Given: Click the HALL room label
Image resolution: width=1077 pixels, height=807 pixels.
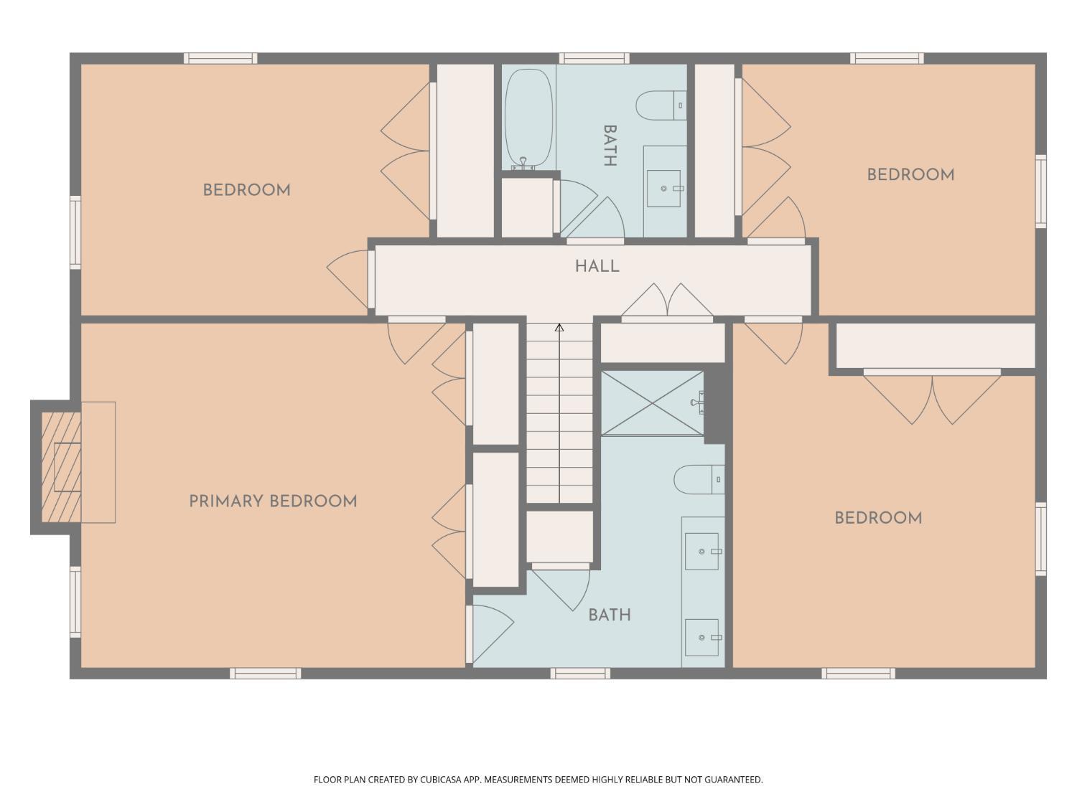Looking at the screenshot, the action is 597,266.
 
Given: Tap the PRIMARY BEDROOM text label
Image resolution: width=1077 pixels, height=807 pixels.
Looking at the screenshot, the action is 273,501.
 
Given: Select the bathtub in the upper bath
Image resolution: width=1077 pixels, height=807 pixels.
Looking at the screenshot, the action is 528,118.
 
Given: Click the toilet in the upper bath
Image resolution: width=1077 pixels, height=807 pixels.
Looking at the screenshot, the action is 661,105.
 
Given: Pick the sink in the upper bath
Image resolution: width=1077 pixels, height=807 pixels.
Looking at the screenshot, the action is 663,189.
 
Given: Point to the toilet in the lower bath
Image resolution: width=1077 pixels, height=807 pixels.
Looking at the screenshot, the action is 699,479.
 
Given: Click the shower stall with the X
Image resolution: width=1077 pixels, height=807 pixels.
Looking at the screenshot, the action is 652,402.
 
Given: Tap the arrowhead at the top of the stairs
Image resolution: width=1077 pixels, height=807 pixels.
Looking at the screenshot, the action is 559,327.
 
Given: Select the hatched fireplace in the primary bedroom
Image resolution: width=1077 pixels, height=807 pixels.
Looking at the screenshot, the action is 61,467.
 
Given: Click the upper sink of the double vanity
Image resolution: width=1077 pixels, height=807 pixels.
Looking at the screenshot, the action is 701,551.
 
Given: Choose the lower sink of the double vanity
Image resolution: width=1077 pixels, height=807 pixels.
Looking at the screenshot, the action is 701,637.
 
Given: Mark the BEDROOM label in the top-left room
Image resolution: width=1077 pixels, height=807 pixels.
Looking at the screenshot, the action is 247,190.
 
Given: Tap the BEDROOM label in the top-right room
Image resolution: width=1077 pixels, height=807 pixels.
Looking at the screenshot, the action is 910,175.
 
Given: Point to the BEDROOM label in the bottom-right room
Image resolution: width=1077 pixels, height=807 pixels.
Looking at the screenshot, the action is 878,518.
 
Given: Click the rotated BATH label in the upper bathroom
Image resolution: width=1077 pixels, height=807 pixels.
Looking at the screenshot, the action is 610,146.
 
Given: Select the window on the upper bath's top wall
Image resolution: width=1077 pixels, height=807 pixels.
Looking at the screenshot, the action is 595,58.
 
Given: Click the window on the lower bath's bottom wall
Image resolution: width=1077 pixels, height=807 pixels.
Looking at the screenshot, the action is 580,674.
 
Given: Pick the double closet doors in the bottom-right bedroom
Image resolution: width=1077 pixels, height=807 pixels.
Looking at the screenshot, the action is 932,397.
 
